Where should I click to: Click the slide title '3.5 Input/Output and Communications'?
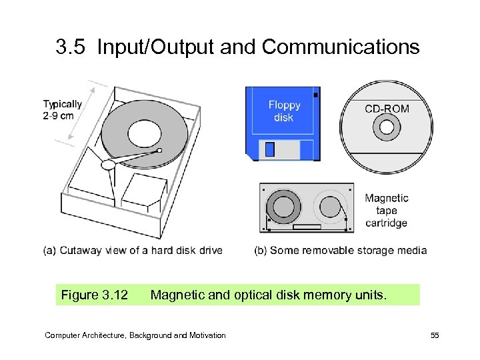point(238,47)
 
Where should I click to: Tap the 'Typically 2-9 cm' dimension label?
point(63,109)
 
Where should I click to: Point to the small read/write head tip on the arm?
point(159,151)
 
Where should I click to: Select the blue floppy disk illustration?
point(283,123)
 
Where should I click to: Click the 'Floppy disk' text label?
point(285,111)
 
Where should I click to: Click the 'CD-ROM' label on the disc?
point(387,109)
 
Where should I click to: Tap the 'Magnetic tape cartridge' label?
point(387,210)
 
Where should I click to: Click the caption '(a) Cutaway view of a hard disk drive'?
point(133,251)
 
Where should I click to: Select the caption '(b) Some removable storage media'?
point(340,251)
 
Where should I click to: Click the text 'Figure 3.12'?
point(94,295)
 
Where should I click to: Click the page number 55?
point(435,335)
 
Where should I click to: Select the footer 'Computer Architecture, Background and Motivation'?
point(135,335)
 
